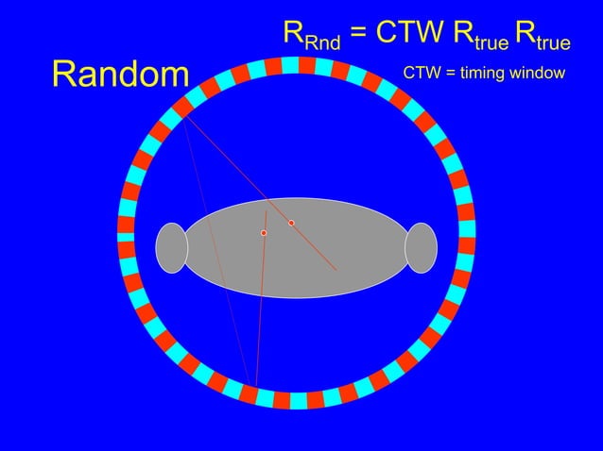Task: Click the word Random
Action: click(x=120, y=75)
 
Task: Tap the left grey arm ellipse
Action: click(x=172, y=248)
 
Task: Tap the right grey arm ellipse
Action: click(x=421, y=248)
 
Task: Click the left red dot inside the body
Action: click(x=264, y=232)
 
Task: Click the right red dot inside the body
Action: click(x=291, y=223)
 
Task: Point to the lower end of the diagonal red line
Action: click(x=336, y=270)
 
